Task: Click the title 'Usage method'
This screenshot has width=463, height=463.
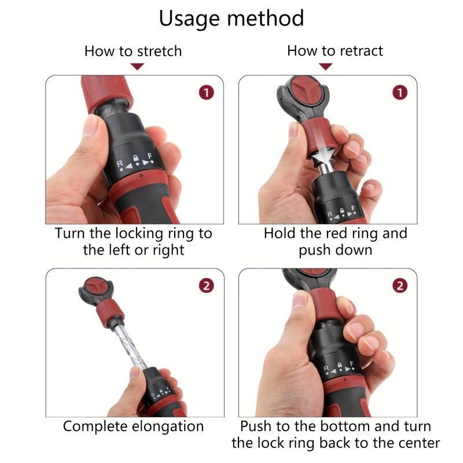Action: [231, 19]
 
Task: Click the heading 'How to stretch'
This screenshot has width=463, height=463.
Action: [133, 51]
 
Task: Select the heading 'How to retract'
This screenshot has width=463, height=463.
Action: [335, 51]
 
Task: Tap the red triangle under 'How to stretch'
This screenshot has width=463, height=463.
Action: [137, 67]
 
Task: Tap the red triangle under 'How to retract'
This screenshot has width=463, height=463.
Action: [326, 67]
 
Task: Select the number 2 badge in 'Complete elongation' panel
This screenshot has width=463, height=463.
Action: [207, 285]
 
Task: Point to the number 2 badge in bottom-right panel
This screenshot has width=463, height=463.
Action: [400, 285]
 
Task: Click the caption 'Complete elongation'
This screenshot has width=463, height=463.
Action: [133, 427]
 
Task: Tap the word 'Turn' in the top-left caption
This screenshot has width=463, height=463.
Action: [70, 234]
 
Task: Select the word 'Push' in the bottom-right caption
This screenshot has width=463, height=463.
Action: [256, 427]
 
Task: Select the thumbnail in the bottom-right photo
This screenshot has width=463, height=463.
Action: [300, 300]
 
